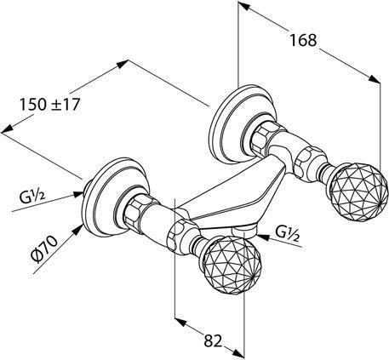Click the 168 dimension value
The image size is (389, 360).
coord(303,40)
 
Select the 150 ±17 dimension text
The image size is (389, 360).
coord(49,105)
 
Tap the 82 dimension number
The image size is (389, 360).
coord(213,340)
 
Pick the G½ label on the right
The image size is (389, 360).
coord(288,234)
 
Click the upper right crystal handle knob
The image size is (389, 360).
coord(358,191)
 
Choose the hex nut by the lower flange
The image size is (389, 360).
coord(136,210)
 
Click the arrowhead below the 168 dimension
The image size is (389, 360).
coord(375,78)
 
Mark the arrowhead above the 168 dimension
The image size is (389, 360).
coord(244,6)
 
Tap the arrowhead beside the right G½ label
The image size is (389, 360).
coord(262,237)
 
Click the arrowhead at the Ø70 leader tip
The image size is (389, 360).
coord(77,229)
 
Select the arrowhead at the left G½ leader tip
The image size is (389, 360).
coord(78,194)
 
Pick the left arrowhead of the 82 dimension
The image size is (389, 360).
coord(180,323)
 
